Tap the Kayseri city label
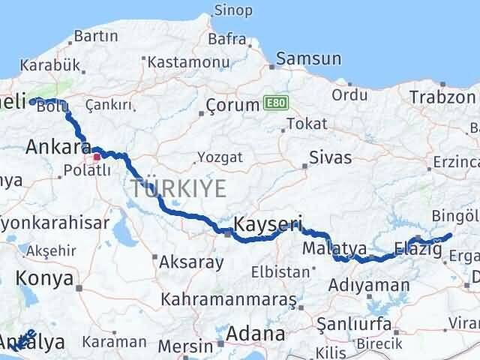coord(268,223)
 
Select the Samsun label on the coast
coord(308,58)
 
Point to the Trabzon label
coord(442,97)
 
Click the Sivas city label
coord(331,159)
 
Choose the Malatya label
coord(334,248)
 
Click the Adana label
coord(257,333)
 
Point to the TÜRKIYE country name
coord(178,188)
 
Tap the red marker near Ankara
coord(97,158)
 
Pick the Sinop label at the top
coord(233,10)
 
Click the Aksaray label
coord(190,262)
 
